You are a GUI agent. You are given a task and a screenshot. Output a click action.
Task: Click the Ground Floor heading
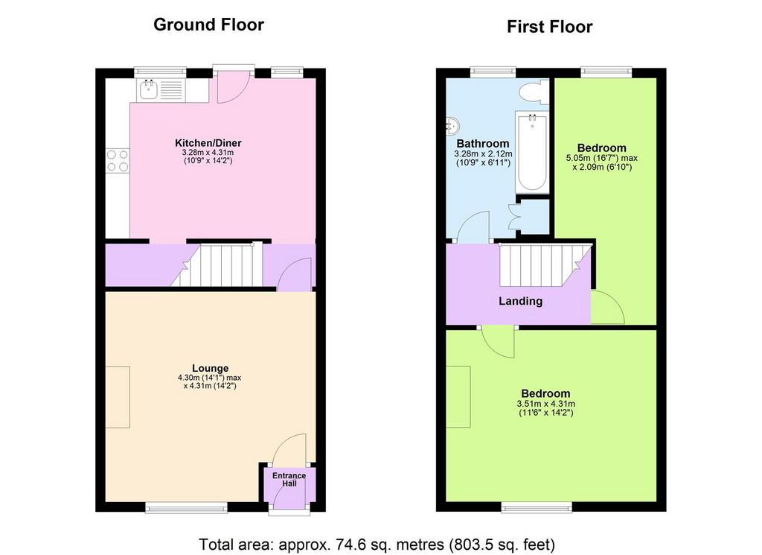(208, 25)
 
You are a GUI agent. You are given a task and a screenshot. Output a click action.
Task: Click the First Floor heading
(549, 27)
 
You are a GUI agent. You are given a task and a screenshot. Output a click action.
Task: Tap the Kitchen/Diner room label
(208, 143)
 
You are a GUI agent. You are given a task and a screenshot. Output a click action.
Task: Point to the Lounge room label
(210, 368)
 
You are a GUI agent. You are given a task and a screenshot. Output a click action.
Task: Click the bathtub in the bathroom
(531, 152)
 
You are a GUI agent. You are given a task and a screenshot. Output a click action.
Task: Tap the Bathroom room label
(483, 144)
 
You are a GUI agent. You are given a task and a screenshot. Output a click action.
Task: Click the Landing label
(520, 302)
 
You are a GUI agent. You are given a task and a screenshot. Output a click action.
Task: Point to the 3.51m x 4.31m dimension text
(545, 404)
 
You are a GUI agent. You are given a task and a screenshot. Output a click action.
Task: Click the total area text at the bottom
(377, 543)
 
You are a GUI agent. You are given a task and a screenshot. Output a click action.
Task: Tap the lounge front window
(186, 509)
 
